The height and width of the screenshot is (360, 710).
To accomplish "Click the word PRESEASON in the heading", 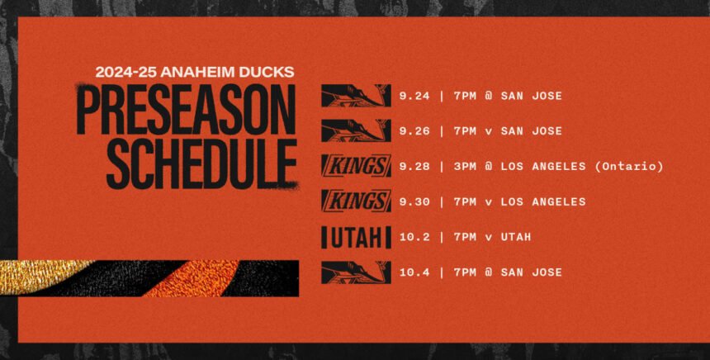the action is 186,109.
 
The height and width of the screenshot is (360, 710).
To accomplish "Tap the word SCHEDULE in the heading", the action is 201,164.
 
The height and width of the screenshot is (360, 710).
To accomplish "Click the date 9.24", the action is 414,96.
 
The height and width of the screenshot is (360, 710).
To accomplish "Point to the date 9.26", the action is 414,131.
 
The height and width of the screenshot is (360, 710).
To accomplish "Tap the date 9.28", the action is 414,167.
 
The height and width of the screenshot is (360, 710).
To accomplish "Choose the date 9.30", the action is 414,202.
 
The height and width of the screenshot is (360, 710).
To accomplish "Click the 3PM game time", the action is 465,167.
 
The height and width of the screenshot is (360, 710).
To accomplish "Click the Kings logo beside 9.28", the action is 356,166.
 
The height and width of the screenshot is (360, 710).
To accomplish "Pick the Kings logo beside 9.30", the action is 356,201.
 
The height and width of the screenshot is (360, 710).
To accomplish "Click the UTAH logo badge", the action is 356,237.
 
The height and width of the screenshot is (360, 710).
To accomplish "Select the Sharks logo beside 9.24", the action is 356,96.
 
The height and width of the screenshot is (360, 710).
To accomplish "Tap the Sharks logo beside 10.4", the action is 356,272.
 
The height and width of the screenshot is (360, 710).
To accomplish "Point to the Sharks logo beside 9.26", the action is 356,130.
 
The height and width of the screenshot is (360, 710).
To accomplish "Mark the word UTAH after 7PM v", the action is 516,237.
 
